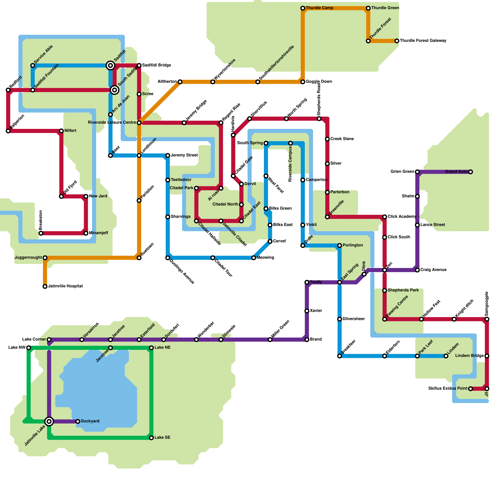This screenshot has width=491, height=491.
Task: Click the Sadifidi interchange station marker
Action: point(110,65)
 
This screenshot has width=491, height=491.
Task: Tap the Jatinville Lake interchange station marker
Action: point(49,421)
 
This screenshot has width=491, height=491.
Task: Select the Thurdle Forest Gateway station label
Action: point(423,41)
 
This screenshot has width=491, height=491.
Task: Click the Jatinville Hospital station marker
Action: point(45,286)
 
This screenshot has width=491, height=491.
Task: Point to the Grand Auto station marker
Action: point(470,172)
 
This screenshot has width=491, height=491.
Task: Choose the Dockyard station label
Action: point(90,421)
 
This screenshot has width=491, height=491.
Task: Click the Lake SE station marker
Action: point(151,438)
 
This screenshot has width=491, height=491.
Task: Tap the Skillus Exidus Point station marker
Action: point(470,389)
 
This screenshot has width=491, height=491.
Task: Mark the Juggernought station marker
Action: point(45,258)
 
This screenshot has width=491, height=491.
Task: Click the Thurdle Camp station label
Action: point(319,8)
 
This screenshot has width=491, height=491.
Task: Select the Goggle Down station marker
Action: point(303,82)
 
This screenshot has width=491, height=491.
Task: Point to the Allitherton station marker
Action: point(180,82)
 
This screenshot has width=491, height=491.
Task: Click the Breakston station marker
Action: point(41,233)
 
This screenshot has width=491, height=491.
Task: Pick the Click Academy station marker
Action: point(385,217)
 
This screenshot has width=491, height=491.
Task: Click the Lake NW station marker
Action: point(29,348)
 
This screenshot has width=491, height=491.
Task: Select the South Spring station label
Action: point(250,143)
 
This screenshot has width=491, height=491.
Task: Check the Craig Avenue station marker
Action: point(417,270)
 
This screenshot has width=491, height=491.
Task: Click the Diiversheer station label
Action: point(354,319)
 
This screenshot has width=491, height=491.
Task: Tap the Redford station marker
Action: point(8,90)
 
